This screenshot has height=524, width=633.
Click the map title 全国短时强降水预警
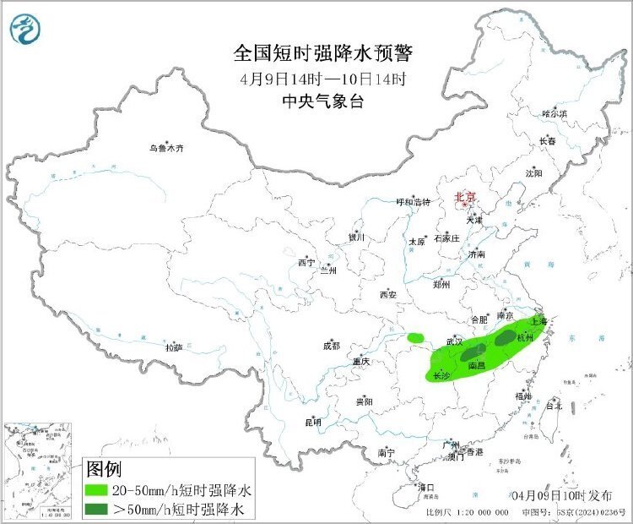click(x=322, y=54)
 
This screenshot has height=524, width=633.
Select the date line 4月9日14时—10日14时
click(x=322, y=80)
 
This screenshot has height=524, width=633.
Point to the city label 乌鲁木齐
click(x=166, y=148)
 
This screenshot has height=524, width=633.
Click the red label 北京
click(x=465, y=197)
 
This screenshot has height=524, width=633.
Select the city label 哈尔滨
click(x=555, y=113)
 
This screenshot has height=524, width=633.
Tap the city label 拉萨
click(x=173, y=347)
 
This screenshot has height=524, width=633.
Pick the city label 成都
click(x=330, y=345)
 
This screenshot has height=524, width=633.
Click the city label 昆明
click(x=312, y=422)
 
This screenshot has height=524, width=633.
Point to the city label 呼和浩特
click(x=414, y=202)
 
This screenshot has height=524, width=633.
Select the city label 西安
click(x=387, y=295)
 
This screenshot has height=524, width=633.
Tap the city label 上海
click(x=537, y=322)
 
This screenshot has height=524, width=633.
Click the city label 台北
click(x=554, y=406)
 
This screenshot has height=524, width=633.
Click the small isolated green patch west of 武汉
click(x=414, y=337)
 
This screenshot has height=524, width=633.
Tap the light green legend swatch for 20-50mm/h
click(x=102, y=489)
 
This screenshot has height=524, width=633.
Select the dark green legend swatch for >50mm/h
click(x=102, y=508)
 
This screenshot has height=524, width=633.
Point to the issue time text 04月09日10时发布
click(x=556, y=494)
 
